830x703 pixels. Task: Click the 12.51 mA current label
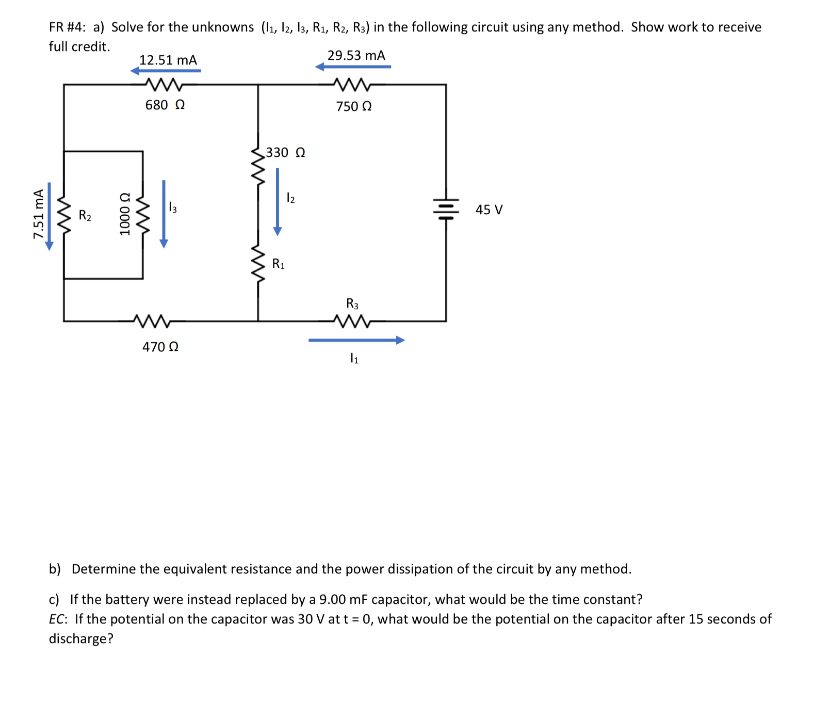click(x=168, y=60)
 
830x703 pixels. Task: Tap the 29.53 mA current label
click(x=356, y=55)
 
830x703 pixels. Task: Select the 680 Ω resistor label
click(x=165, y=105)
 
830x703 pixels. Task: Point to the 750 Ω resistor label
click(x=354, y=107)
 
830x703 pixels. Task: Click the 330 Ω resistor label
click(x=285, y=152)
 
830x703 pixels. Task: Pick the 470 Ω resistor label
click(x=160, y=347)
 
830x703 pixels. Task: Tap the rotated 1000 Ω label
click(x=124, y=214)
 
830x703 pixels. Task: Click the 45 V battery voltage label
click(x=489, y=210)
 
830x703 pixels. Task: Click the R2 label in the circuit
click(x=85, y=215)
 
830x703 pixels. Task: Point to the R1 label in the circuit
click(x=279, y=264)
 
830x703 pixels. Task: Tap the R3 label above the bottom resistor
click(x=352, y=303)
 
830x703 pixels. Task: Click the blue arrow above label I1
click(x=356, y=340)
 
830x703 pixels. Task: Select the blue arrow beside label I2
click(x=278, y=202)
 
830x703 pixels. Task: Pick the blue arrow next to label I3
click(x=164, y=214)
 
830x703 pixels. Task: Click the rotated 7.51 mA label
click(x=38, y=214)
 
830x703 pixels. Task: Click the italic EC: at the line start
click(x=59, y=619)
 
